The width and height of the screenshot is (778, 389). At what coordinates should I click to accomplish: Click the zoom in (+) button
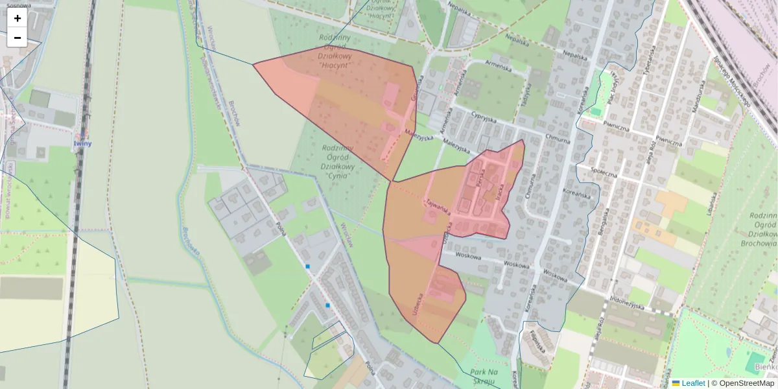coord(18,18)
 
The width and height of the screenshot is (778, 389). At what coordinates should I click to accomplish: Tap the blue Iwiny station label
coord(82,143)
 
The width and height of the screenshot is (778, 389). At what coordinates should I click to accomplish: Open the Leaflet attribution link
coord(692,383)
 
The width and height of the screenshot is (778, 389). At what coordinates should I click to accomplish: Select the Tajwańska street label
coord(438,206)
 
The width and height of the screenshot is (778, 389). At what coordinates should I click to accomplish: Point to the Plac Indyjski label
coord(612,87)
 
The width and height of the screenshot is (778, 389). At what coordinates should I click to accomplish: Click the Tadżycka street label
coord(526,90)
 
